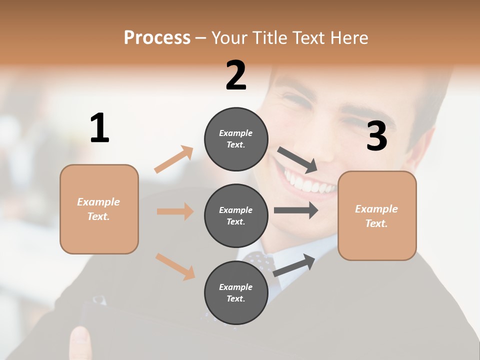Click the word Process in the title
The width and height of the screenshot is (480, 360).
tap(157, 38)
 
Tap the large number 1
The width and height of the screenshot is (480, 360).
tap(99, 128)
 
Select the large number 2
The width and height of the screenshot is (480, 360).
tap(236, 75)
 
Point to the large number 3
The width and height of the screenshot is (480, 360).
tap(377, 136)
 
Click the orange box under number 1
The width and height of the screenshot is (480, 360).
tap(99, 209)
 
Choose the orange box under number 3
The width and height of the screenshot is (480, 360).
tap(377, 216)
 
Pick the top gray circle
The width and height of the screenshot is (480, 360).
tap(236, 139)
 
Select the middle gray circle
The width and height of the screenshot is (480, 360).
tap(236, 216)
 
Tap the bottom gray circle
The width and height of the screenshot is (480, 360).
tap(236, 293)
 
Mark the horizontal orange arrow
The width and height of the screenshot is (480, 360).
tap(175, 211)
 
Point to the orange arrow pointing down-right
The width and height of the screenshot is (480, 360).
tap(175, 266)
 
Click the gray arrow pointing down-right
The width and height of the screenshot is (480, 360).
tap(297, 160)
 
